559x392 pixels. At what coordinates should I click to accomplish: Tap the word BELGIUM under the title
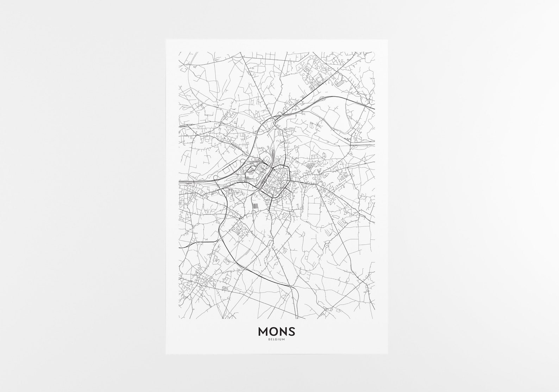tap(276, 340)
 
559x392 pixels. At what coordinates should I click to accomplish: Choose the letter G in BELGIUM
tap(277, 340)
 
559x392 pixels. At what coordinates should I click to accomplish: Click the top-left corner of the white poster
tap(166, 39)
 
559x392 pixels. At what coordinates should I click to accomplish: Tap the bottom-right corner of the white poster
tap(388, 354)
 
